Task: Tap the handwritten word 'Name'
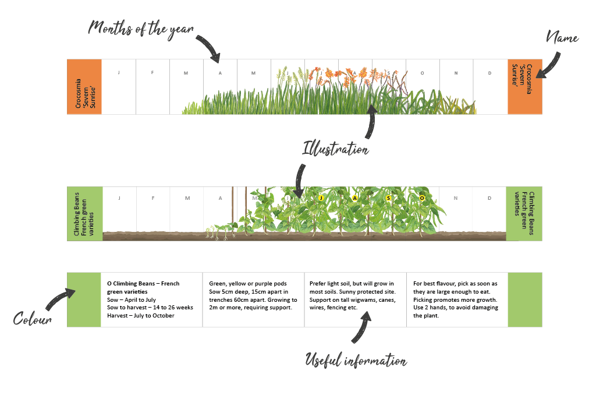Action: [x=562, y=38]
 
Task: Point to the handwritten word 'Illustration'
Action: [x=335, y=149]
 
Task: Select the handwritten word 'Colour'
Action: [x=32, y=319]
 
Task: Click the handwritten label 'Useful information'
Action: [x=356, y=361]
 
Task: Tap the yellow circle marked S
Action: [x=388, y=198]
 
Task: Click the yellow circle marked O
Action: [x=423, y=198]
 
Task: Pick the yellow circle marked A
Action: [x=354, y=198]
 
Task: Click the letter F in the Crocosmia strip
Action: [x=153, y=73]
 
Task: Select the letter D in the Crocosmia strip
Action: [x=490, y=73]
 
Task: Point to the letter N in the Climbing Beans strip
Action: [x=456, y=198]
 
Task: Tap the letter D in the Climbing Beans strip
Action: [x=490, y=198]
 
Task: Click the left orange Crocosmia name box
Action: [x=84, y=86]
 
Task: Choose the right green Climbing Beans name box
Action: [x=524, y=213]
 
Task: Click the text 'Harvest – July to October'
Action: [x=140, y=315]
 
